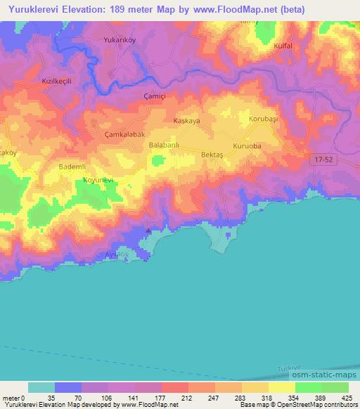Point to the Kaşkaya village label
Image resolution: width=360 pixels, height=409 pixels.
[x=187, y=121]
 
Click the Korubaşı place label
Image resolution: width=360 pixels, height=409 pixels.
[x=264, y=119]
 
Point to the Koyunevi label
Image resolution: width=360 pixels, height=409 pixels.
[x=98, y=180]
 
